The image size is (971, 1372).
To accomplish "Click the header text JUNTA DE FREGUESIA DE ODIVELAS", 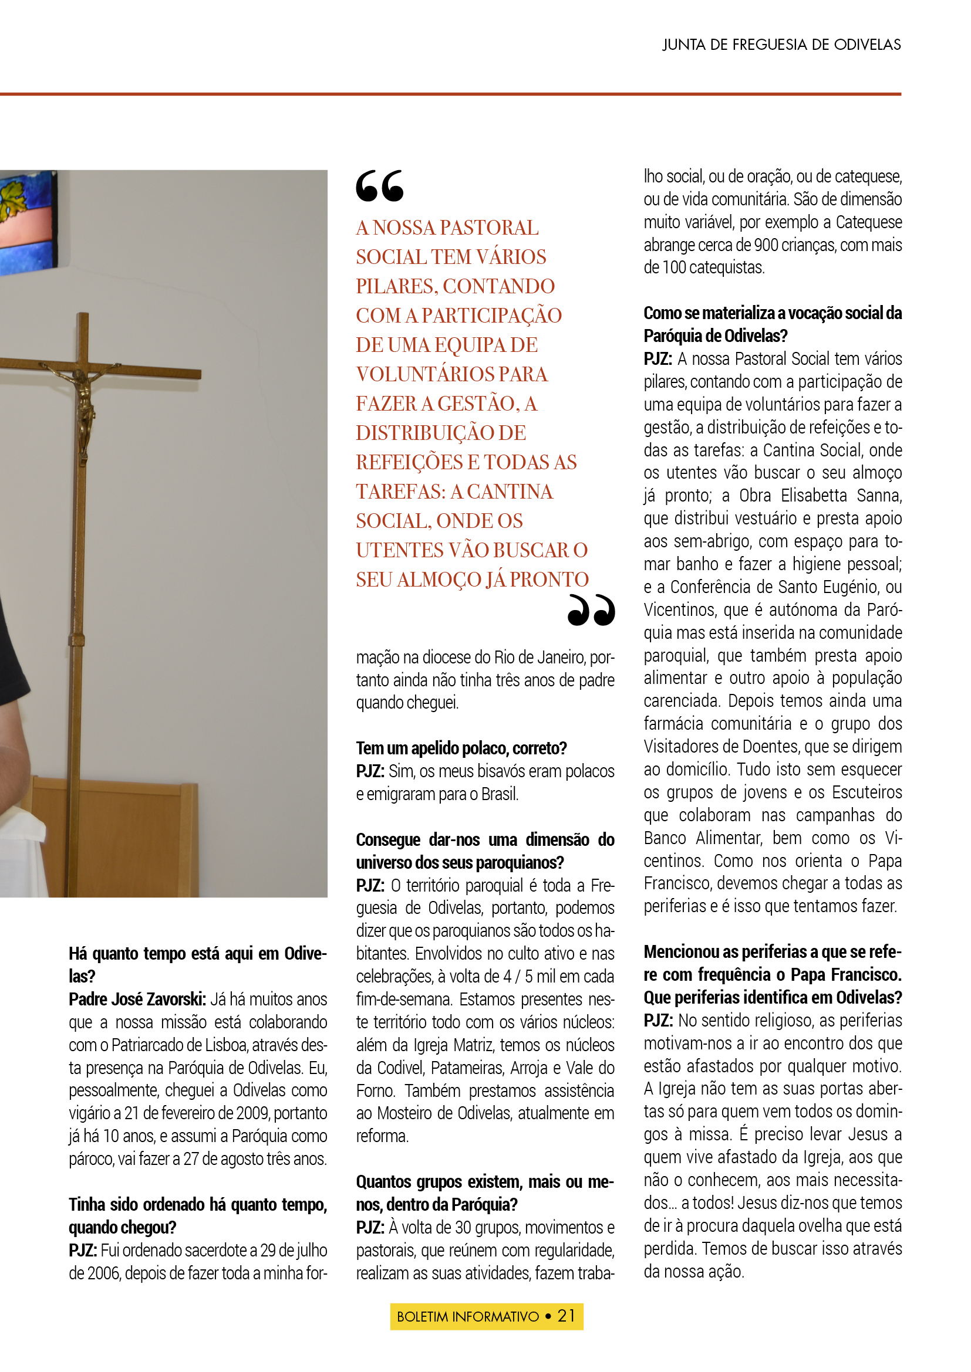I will pyautogui.click(x=781, y=45).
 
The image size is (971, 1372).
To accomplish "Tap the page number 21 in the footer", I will pyautogui.click(x=565, y=1316).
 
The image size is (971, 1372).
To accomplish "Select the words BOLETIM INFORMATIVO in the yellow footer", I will pyautogui.click(x=467, y=1316).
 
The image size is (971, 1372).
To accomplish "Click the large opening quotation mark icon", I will pyautogui.click(x=380, y=186).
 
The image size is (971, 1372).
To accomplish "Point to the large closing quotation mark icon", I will pyautogui.click(x=591, y=610).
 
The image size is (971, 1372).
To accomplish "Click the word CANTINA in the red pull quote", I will pyautogui.click(x=510, y=491).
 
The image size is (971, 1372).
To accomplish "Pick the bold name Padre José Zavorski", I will pyautogui.click(x=137, y=999).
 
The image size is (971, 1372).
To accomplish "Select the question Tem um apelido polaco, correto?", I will pyautogui.click(x=461, y=748).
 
